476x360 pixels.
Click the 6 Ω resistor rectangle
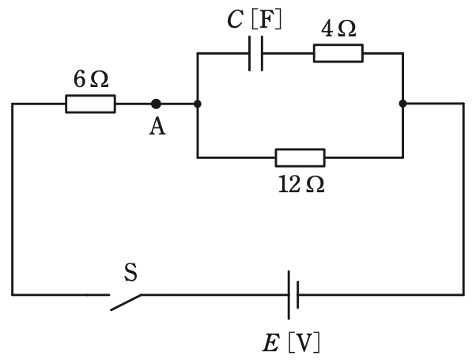[90, 104]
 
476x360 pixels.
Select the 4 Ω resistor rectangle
[338, 53]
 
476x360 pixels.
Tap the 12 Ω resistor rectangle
[300, 157]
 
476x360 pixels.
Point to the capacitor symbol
[256, 53]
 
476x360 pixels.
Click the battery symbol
[293, 294]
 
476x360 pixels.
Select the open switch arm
[126, 302]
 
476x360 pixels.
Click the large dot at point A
[156, 104]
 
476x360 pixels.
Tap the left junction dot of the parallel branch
[198, 104]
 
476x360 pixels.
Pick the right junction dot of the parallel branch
[402, 104]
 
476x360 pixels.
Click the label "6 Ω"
[91, 80]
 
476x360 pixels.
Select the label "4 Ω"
[338, 29]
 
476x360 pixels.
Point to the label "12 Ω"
[301, 184]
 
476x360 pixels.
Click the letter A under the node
[157, 127]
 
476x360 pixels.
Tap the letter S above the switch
[130, 272]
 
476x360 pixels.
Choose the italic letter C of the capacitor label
[235, 20]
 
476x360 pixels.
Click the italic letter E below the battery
[270, 343]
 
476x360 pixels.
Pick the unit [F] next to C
[266, 20]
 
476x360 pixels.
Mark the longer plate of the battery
[289, 294]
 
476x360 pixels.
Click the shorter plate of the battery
[298, 294]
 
